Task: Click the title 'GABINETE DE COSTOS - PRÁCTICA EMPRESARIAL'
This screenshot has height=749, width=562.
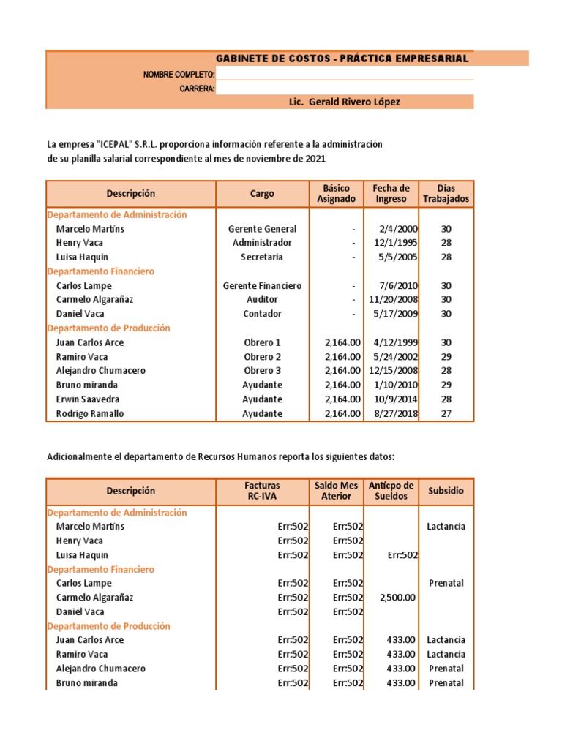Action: (x=342, y=59)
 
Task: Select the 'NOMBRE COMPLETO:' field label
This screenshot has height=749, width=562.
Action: (x=179, y=75)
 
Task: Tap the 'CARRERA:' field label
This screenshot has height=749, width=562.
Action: (x=197, y=89)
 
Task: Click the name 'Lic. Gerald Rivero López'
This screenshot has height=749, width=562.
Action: (x=345, y=102)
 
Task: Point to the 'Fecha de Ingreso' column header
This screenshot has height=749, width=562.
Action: (x=391, y=194)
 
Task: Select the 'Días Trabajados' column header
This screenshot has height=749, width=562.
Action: (x=446, y=194)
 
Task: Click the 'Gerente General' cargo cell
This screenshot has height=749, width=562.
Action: (x=262, y=229)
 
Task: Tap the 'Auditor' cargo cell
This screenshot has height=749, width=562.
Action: (x=262, y=300)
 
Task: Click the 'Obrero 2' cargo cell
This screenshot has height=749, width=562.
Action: (x=262, y=357)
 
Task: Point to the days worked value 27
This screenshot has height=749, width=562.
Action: (x=446, y=414)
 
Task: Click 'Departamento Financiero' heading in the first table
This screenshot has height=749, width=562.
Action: (x=100, y=271)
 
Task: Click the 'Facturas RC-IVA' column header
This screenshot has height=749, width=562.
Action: (x=262, y=491)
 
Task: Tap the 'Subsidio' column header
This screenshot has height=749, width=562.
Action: (x=446, y=491)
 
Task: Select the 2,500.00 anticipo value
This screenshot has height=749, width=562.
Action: (x=398, y=598)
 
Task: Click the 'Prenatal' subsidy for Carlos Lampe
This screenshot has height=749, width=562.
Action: (x=446, y=584)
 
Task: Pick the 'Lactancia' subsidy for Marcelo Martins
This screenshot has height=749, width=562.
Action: (x=446, y=527)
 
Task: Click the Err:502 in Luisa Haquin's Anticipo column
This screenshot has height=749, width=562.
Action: (x=402, y=555)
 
